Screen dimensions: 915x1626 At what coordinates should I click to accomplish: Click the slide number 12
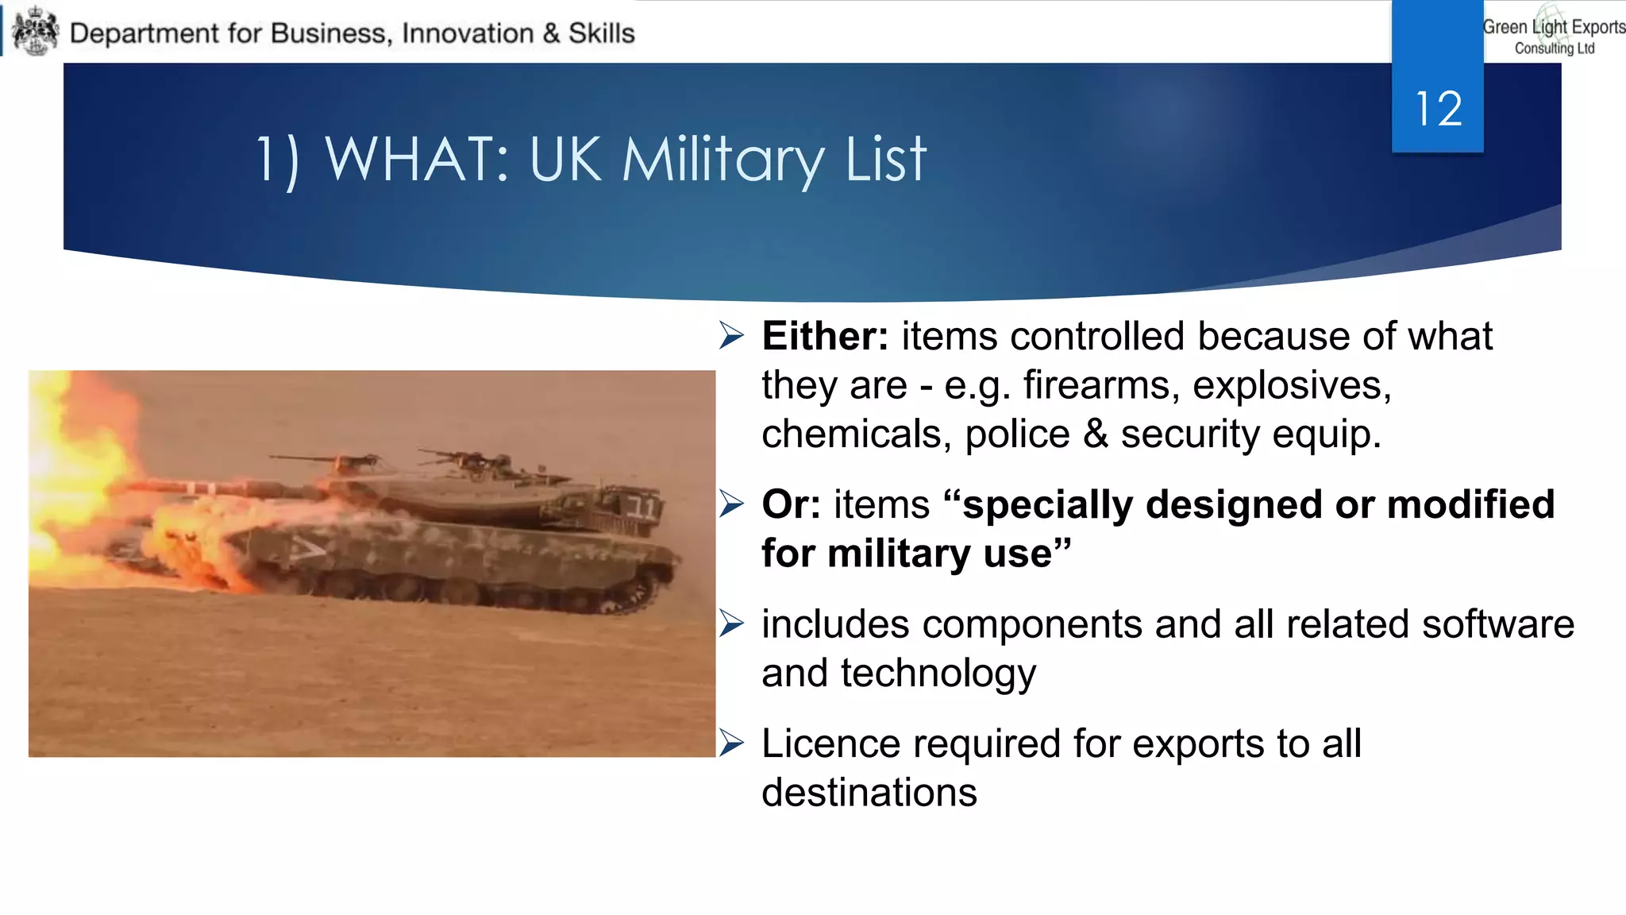point(1438,109)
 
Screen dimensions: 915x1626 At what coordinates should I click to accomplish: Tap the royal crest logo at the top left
point(36,32)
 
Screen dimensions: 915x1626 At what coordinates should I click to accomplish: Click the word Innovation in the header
point(468,33)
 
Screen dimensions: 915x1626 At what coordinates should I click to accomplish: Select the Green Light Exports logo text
point(1554,35)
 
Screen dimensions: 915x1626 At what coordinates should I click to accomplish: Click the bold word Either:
point(825,336)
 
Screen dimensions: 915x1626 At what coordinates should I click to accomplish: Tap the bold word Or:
point(791,504)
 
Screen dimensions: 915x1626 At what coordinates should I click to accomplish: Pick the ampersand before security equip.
point(1096,434)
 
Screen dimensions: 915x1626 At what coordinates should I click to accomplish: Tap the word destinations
point(869,793)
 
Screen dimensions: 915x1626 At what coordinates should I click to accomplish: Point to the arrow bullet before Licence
point(731,743)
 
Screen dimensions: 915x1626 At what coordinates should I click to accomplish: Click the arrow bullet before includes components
point(731,624)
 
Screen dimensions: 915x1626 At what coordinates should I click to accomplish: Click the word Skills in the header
point(601,33)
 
